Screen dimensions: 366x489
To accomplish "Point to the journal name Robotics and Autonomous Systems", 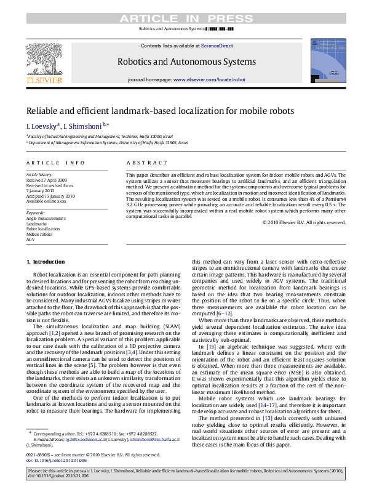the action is point(183,62).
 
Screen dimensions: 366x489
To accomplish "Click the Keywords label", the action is point(36,212).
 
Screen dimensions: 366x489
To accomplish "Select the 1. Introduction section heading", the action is point(45,262).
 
